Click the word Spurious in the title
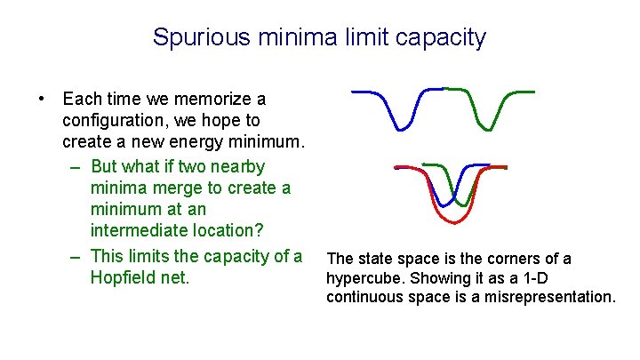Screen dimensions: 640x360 click(x=201, y=37)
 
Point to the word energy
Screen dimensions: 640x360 click(x=196, y=143)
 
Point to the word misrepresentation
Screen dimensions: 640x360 click(x=550, y=298)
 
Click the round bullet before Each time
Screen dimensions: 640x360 click(x=41, y=99)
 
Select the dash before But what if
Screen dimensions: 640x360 click(x=75, y=168)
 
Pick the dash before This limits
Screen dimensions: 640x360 click(x=75, y=258)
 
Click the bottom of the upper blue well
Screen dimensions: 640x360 click(x=400, y=130)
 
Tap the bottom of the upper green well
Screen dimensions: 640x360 click(x=488, y=130)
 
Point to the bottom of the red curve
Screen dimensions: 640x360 click(x=455, y=222)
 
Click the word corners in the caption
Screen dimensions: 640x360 click(x=516, y=260)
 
